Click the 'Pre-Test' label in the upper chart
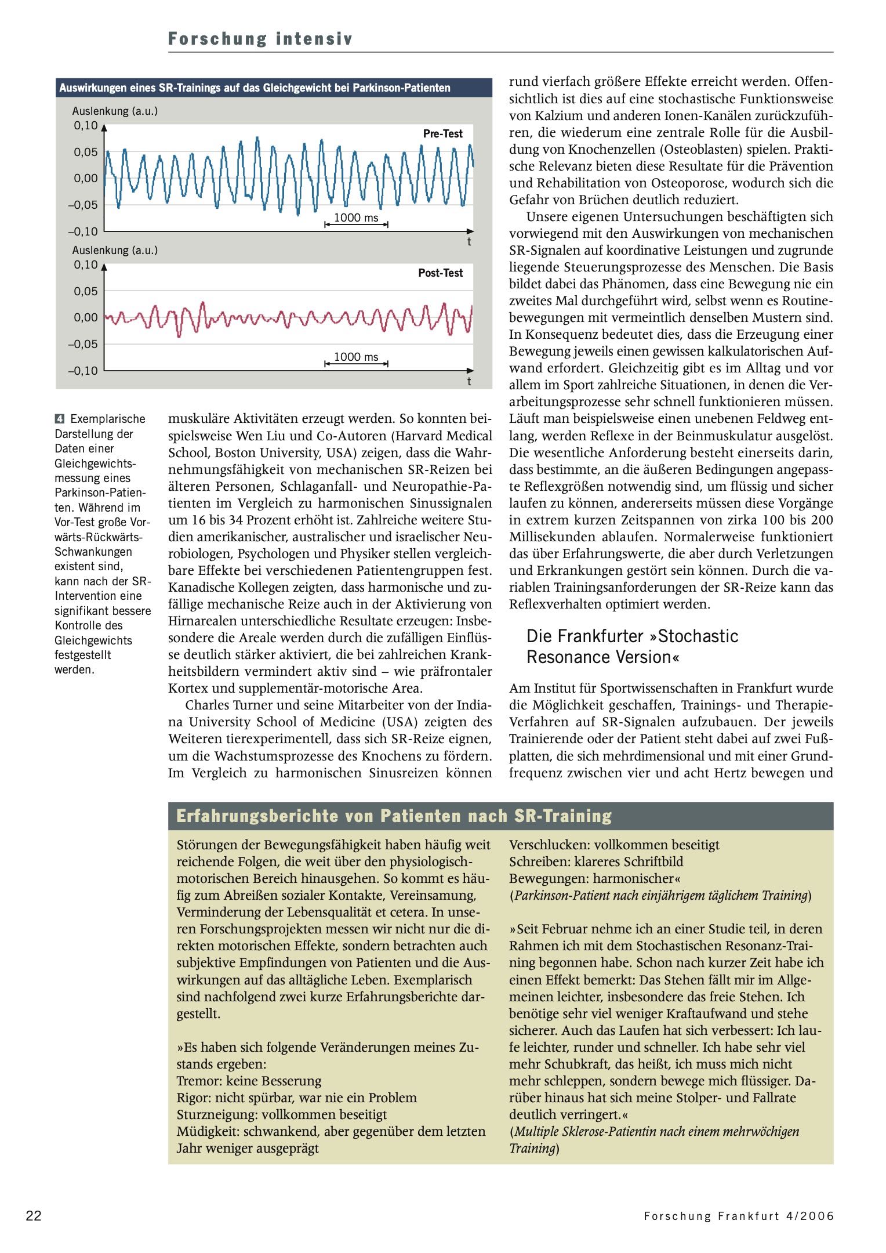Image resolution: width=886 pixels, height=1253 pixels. tap(442, 134)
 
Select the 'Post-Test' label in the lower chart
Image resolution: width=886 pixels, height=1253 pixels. tap(440, 273)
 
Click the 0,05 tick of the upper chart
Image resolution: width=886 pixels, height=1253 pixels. tap(85, 152)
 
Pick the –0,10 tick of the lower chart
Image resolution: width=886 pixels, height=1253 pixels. tap(82, 371)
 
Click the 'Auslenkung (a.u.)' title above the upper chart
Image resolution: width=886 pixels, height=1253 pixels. tap(115, 111)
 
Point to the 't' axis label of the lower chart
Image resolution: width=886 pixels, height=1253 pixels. tap(469, 381)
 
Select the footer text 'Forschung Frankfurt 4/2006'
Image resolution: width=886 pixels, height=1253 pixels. tap(738, 1216)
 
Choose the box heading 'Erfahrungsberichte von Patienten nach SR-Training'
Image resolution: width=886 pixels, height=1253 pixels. tap(394, 816)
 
